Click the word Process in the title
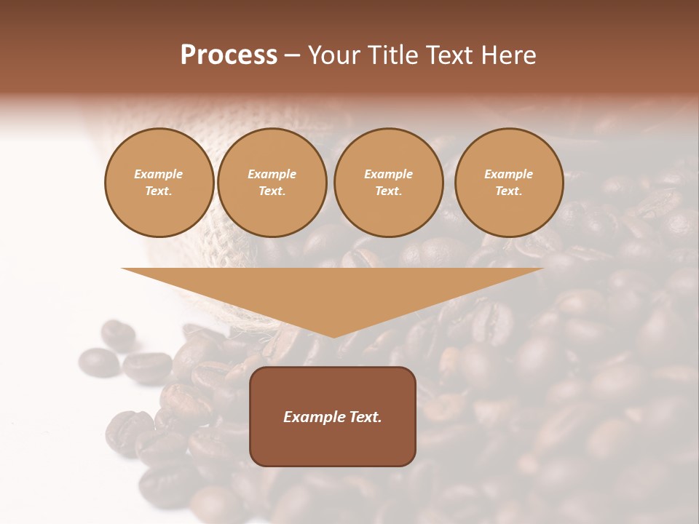(x=229, y=55)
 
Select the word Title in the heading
(x=393, y=55)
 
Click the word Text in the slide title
(x=451, y=55)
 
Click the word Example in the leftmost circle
(x=159, y=175)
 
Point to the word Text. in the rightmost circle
(x=509, y=191)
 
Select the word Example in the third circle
(x=388, y=175)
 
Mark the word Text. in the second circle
(x=272, y=191)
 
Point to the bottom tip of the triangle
(x=333, y=336)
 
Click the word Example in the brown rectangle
(x=312, y=417)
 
